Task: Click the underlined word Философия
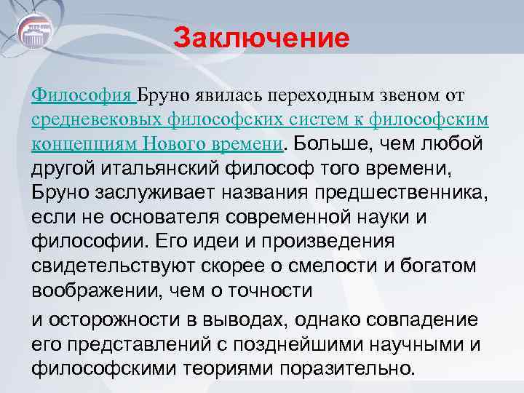pos(81,95)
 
